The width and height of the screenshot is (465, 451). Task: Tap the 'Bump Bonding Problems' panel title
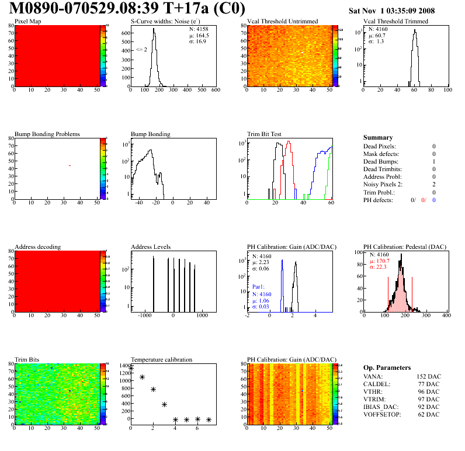(x=47, y=134)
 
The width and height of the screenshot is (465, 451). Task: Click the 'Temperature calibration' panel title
(x=162, y=359)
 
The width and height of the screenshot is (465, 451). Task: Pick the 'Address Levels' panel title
(x=151, y=247)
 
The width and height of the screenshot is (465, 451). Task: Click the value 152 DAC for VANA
(x=428, y=376)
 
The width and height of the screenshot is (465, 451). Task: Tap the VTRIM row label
(x=374, y=399)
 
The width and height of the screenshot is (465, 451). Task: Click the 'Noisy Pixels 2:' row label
(x=384, y=184)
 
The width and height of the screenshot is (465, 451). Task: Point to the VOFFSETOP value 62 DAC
(x=429, y=414)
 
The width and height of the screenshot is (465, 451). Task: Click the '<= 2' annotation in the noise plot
(x=141, y=50)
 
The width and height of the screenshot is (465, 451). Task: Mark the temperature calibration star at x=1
(x=142, y=377)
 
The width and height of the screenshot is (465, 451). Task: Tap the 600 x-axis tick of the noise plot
(x=216, y=91)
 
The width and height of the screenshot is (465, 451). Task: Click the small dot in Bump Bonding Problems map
(x=70, y=166)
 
